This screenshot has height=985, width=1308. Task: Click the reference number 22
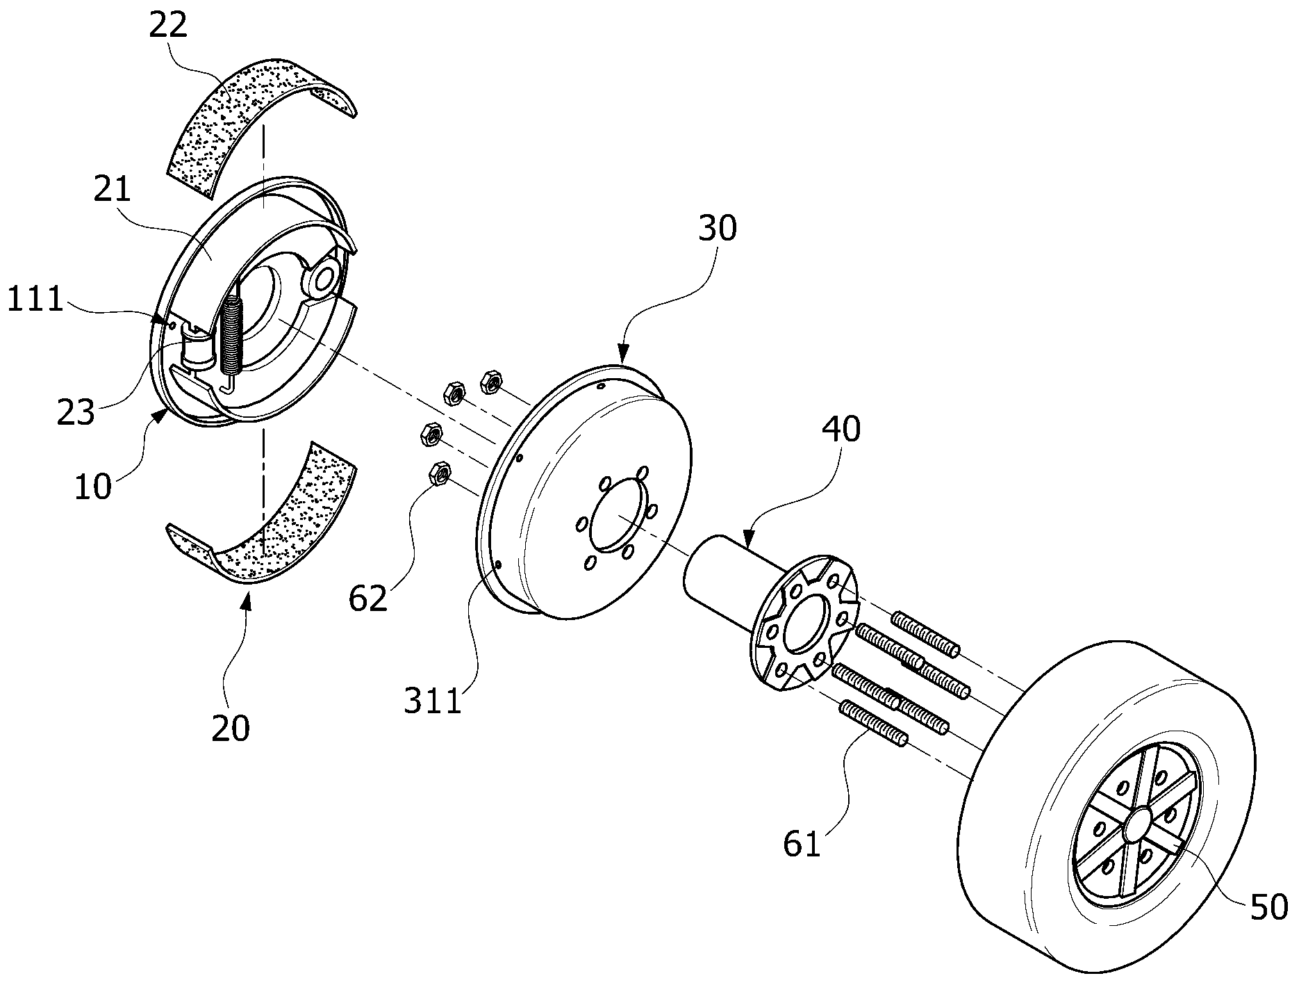click(168, 26)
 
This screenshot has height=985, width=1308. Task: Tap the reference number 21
click(113, 188)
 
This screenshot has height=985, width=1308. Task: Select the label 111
click(35, 301)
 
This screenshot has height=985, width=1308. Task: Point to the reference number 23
click(76, 413)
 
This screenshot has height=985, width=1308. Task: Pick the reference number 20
click(231, 728)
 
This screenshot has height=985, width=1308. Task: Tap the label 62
click(368, 597)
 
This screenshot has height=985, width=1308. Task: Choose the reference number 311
click(434, 701)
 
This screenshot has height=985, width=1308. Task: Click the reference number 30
click(718, 227)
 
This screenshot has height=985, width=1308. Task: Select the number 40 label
click(841, 429)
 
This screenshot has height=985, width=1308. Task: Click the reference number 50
click(1269, 906)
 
